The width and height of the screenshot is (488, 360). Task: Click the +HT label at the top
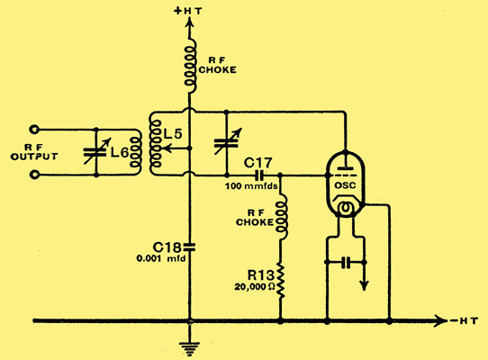188,11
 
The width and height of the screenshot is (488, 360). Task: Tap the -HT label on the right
464,320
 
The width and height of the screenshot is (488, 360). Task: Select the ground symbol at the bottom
190,348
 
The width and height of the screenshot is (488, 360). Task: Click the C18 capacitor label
167,247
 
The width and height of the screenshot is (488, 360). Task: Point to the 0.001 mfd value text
160,258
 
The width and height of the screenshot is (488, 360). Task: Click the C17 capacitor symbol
259,175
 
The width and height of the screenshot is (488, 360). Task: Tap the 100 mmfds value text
251,186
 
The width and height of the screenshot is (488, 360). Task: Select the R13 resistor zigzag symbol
281,280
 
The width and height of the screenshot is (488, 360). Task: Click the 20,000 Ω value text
255,287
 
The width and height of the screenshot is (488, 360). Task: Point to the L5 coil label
173,134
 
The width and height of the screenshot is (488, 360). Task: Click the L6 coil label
120,152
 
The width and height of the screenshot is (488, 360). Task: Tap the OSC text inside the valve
345,185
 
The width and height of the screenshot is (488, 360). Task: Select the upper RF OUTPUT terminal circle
34,129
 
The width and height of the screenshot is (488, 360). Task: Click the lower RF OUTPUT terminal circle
34,175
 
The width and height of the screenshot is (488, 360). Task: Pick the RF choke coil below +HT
190,66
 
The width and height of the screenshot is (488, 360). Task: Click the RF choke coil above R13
282,217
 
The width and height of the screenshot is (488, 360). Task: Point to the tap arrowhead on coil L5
167,148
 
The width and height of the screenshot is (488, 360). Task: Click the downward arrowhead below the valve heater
364,285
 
